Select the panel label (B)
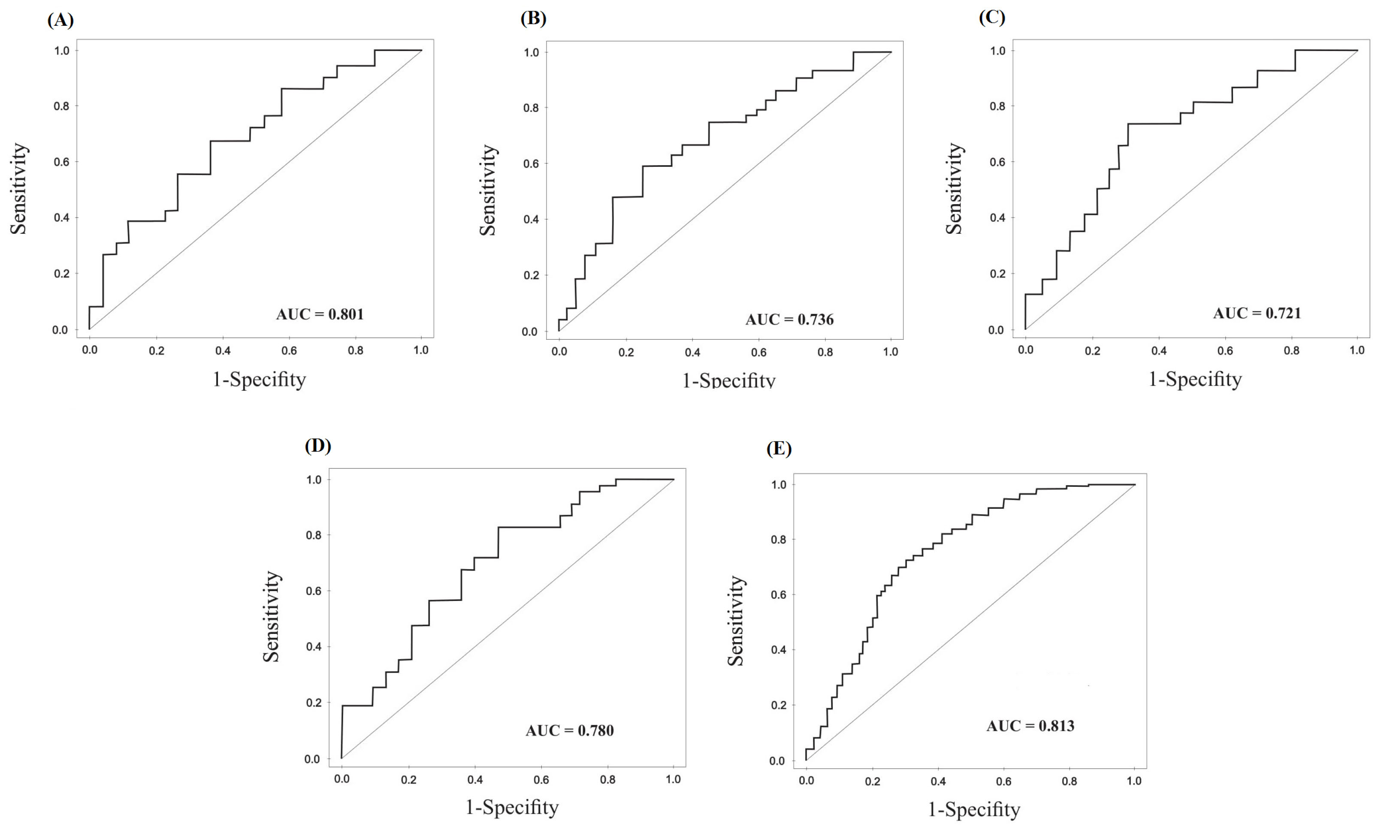click(533, 18)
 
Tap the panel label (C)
click(991, 17)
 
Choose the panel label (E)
click(779, 449)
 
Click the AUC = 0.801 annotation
click(320, 314)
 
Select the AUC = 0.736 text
click(789, 320)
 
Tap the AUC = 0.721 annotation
click(1257, 313)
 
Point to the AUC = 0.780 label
click(569, 730)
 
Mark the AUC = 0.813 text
click(1030, 726)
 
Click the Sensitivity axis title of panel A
click(18, 188)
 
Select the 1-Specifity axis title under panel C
click(1195, 379)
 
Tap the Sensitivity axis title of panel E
click(735, 621)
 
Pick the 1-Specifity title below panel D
click(512, 807)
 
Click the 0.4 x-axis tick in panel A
click(223, 351)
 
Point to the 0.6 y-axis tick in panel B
click(531, 164)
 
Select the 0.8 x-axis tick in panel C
click(1291, 351)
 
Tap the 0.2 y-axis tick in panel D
click(314, 703)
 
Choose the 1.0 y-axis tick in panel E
click(779, 485)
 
